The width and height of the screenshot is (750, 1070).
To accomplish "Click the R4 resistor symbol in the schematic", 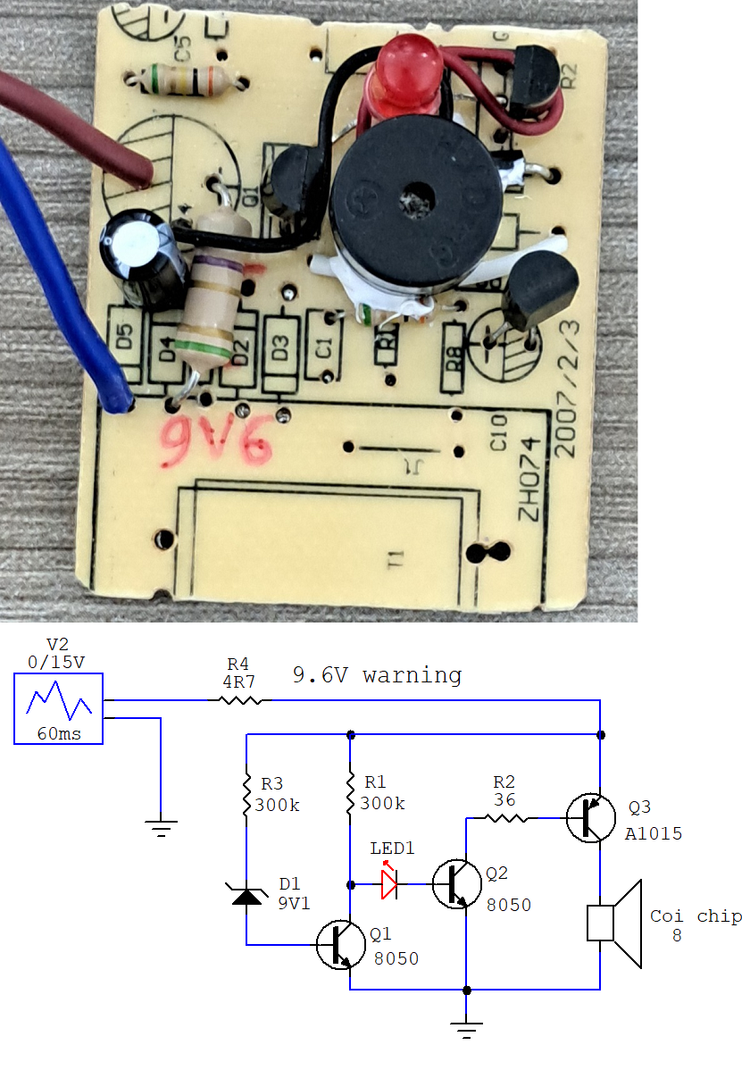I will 237,701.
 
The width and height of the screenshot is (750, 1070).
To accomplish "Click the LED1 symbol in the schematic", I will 389,885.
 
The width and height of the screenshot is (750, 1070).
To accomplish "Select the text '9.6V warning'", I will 377,675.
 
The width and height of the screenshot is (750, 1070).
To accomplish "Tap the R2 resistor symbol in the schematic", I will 504,817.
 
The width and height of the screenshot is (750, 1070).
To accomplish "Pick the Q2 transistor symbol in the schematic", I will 456,884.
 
